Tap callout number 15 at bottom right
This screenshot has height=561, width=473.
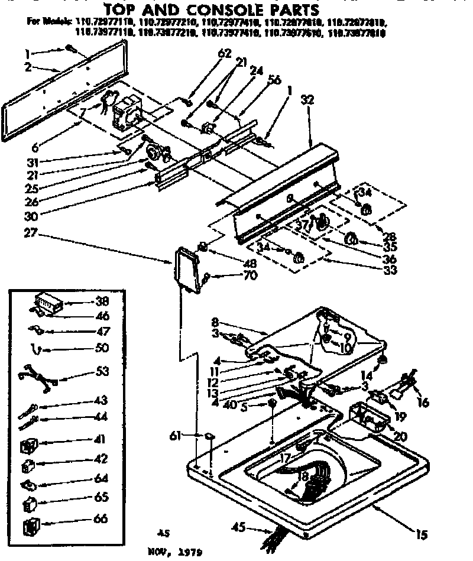point(420,536)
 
